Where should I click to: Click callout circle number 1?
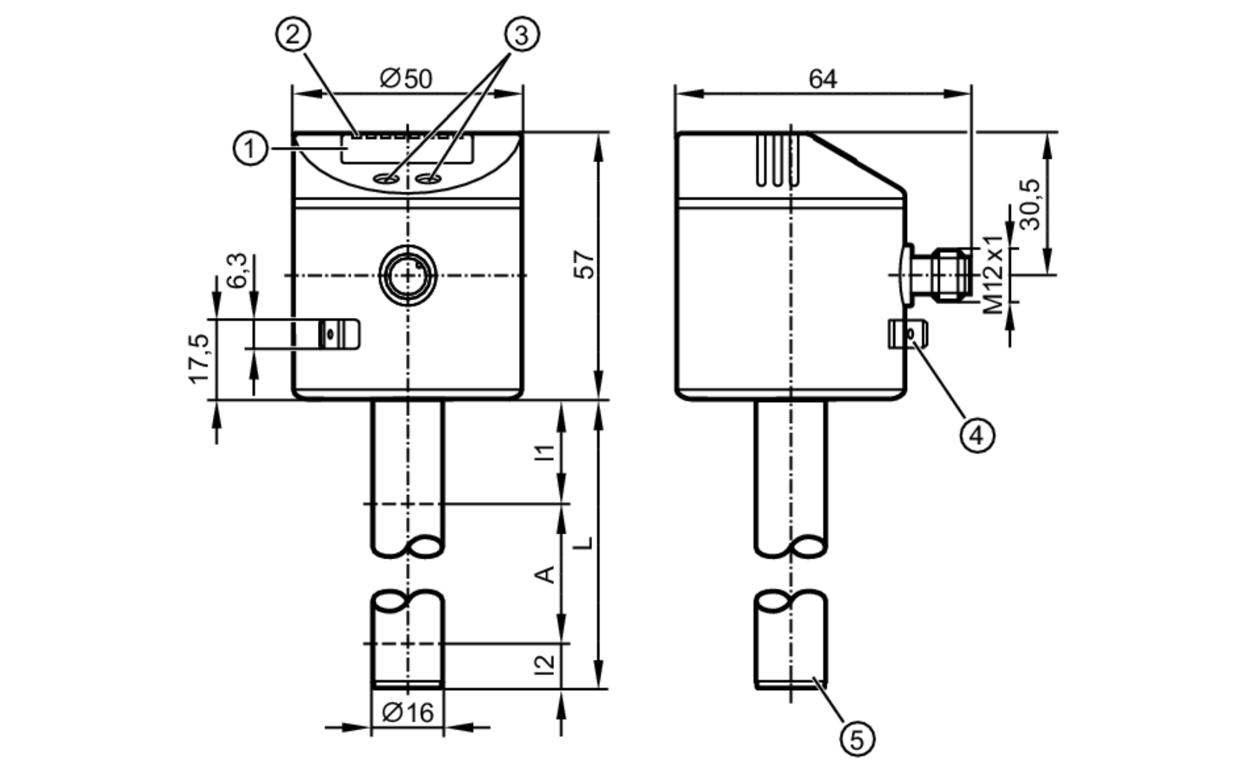(250, 149)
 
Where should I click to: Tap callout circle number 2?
(293, 34)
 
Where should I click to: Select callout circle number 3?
(521, 34)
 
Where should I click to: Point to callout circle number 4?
(977, 435)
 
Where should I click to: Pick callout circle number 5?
(857, 740)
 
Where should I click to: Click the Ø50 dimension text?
(406, 79)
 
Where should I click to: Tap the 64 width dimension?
(822, 79)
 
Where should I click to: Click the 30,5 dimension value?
(1030, 205)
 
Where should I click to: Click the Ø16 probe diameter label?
(408, 713)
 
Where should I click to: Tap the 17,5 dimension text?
(200, 359)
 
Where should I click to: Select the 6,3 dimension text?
(237, 271)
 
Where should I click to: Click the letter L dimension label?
(583, 543)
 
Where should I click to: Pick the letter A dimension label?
(545, 574)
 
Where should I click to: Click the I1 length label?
(545, 452)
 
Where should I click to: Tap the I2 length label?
(545, 665)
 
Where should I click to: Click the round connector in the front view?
(408, 275)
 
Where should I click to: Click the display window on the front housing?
(407, 151)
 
